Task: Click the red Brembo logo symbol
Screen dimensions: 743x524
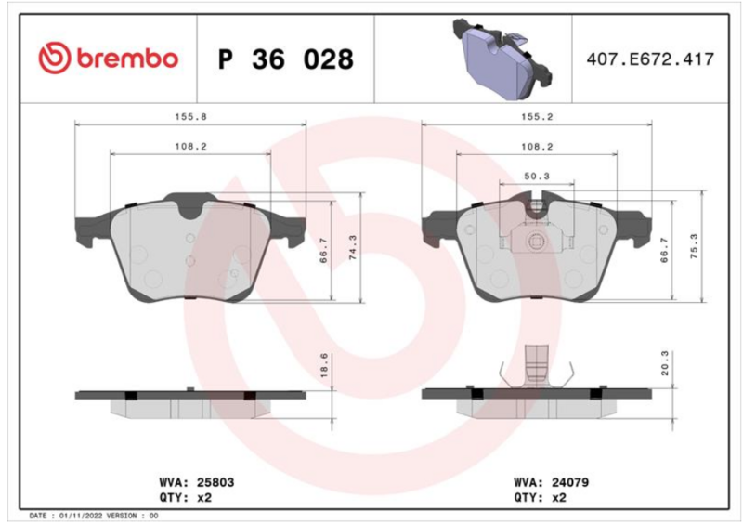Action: (x=55, y=59)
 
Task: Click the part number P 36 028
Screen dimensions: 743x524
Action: (x=286, y=59)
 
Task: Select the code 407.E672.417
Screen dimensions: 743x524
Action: (x=650, y=59)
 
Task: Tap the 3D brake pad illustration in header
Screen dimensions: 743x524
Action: (x=502, y=58)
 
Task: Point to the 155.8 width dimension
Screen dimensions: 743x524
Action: (x=191, y=117)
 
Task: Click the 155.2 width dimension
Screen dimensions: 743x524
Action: (x=537, y=117)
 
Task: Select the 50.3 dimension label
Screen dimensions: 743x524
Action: (x=537, y=176)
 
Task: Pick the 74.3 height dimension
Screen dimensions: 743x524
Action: (x=353, y=247)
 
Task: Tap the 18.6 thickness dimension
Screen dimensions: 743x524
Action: (x=324, y=365)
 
